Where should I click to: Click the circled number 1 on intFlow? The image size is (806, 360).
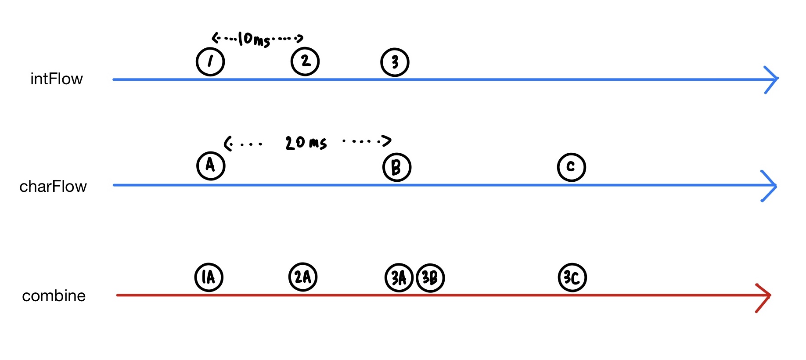[210, 62]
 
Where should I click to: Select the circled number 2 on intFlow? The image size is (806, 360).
[305, 61]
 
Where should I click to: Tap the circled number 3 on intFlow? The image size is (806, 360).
[395, 62]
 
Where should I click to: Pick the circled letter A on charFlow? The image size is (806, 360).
[211, 166]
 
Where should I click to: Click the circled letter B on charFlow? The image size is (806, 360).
[396, 167]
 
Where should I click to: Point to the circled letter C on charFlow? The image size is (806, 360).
[571, 167]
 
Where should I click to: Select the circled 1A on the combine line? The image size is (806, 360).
[209, 277]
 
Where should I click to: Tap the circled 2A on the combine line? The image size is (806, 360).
[303, 277]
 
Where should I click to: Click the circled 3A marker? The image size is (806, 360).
[399, 278]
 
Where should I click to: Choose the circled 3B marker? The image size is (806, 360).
[430, 278]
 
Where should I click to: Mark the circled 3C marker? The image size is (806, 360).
[572, 277]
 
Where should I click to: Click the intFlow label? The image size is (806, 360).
[56, 79]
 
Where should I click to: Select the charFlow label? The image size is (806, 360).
[53, 187]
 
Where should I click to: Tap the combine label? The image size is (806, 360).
[54, 296]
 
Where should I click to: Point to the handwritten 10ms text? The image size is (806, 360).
[254, 40]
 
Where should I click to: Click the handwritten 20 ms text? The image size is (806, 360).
[306, 143]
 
